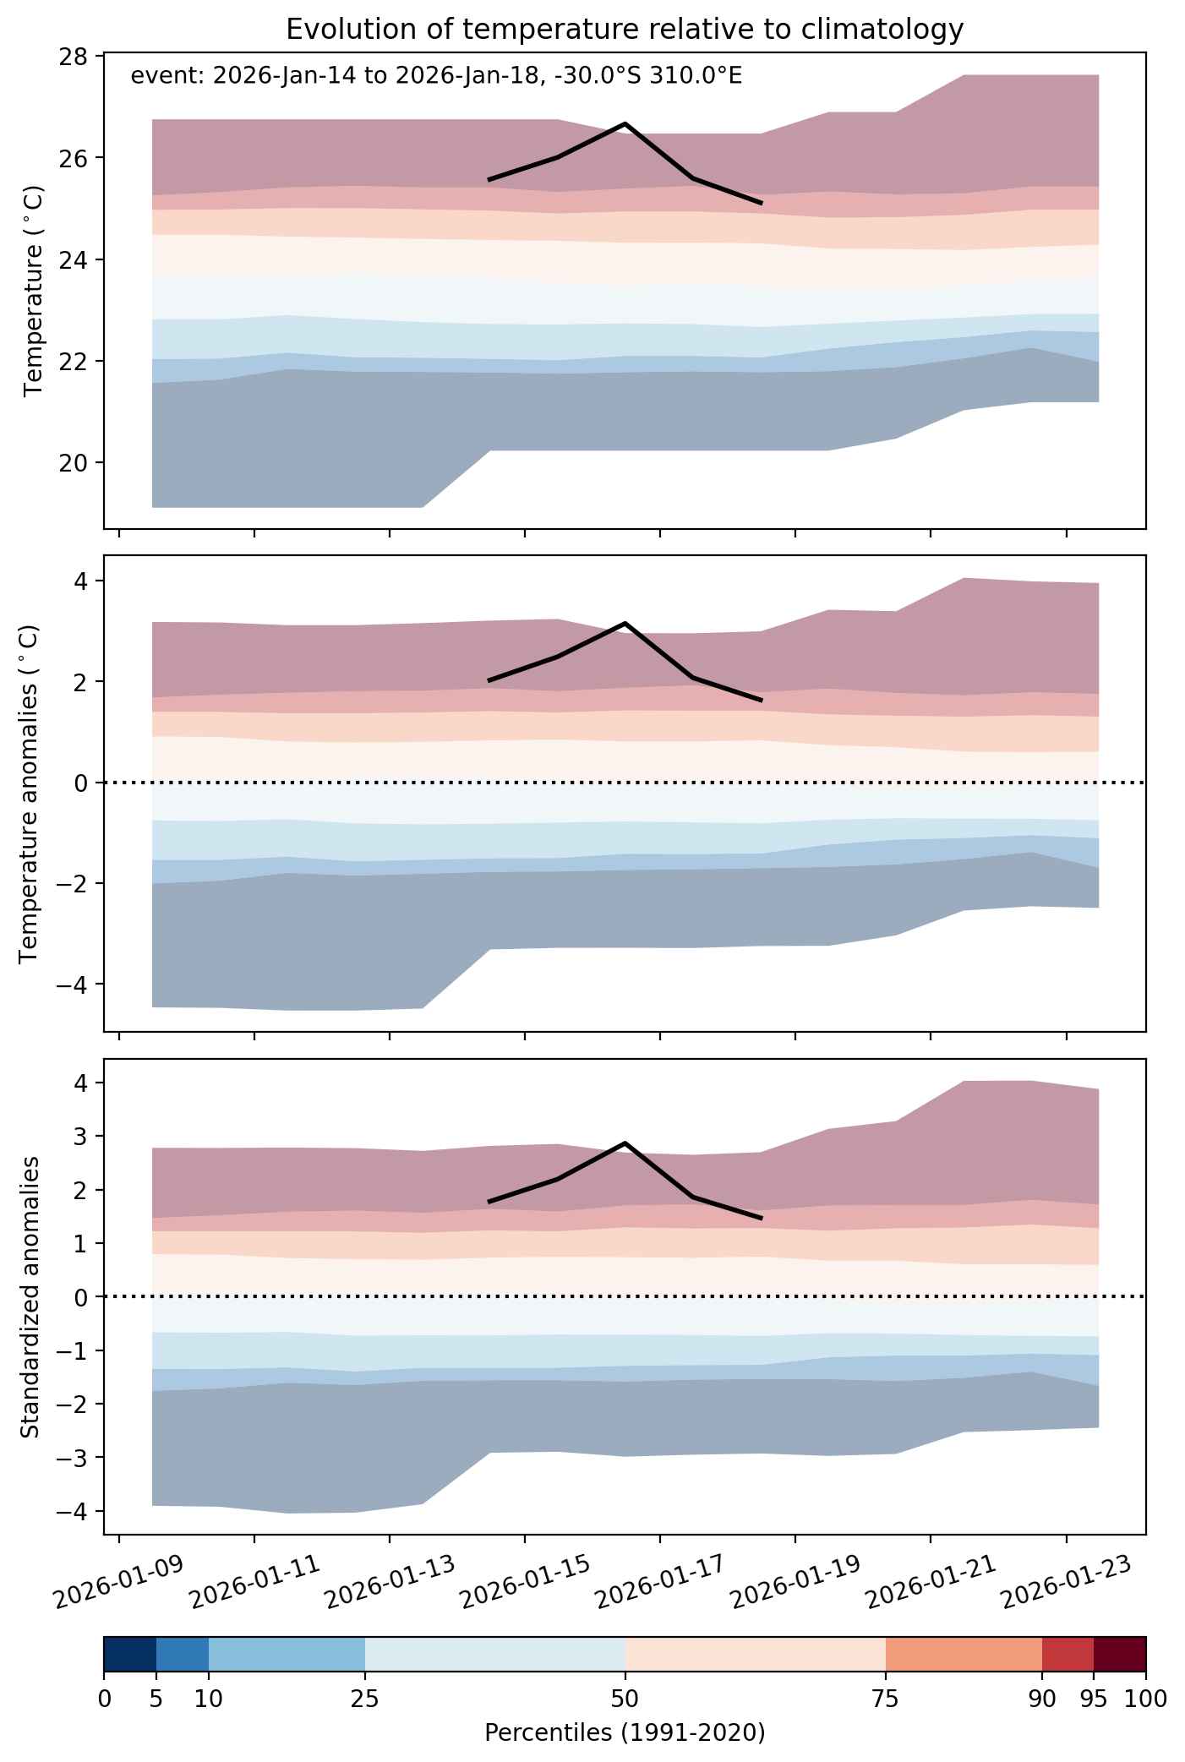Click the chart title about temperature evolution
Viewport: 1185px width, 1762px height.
click(x=625, y=30)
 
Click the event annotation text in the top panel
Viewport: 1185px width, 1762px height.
click(x=436, y=77)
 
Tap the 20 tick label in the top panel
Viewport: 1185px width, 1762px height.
click(x=74, y=463)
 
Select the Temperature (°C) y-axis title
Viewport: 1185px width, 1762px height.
click(x=34, y=291)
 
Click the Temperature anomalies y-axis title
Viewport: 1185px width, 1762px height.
click(x=30, y=794)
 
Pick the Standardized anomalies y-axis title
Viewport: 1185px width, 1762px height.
click(x=30, y=1296)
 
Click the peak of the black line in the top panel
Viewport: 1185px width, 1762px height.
click(x=625, y=124)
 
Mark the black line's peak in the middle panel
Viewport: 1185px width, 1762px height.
click(x=625, y=623)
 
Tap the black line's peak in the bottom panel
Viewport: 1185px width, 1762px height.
click(x=625, y=1143)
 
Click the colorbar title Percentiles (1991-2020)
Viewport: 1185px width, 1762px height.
click(x=625, y=1733)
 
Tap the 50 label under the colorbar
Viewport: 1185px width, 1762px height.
click(x=625, y=1699)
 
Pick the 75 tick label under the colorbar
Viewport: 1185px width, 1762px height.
click(x=886, y=1699)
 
